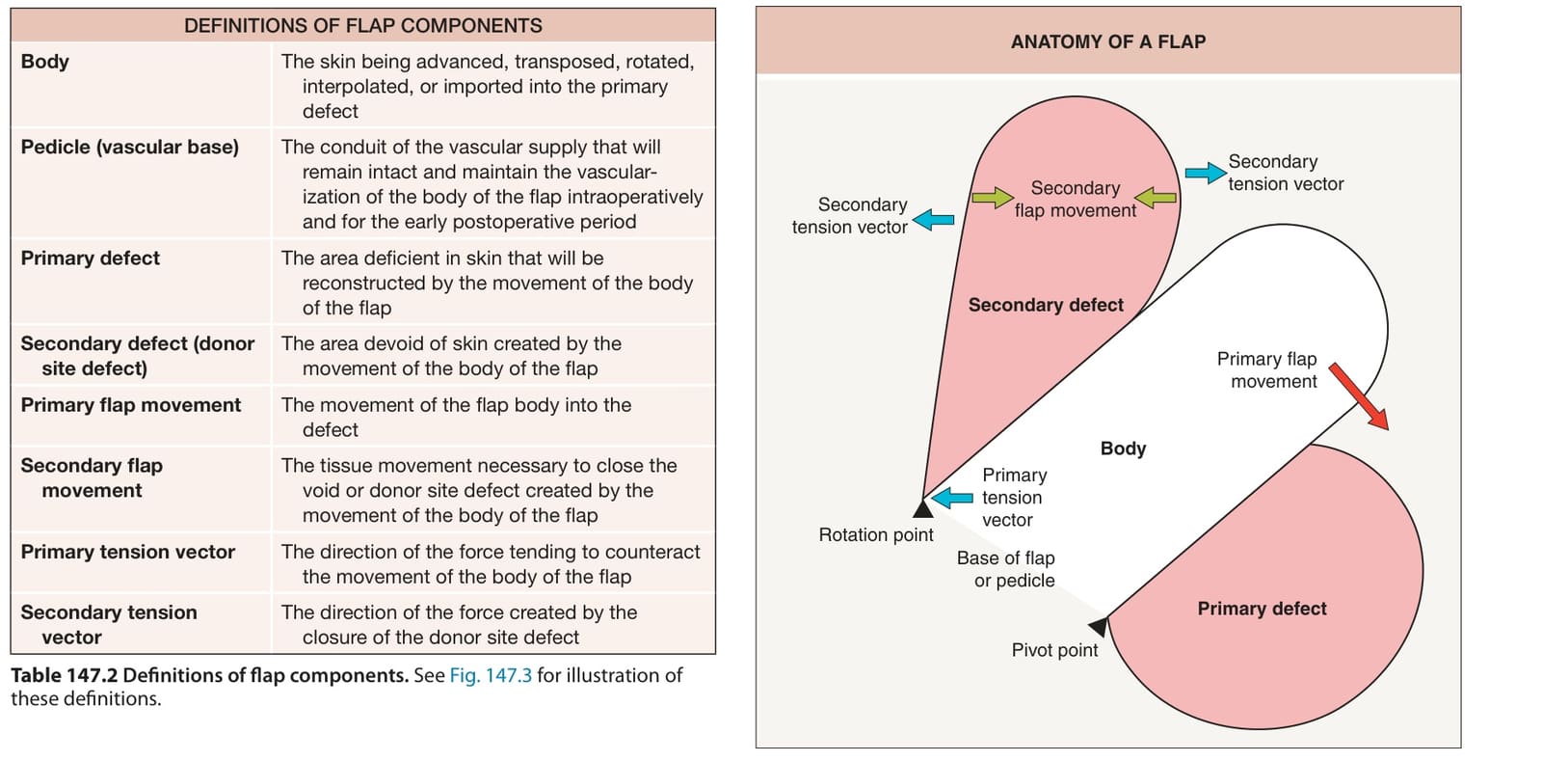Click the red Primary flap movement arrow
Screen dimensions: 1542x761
tap(1358, 396)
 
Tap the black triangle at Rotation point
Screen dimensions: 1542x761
tap(922, 509)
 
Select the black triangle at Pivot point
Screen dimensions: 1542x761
tap(1099, 626)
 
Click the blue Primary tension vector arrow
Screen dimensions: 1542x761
tap(952, 498)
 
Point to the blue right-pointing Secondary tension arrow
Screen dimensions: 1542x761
tap(1206, 173)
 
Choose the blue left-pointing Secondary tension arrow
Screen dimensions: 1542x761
tap(933, 220)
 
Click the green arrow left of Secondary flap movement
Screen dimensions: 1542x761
tap(993, 199)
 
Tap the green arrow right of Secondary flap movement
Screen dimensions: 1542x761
tap(1156, 199)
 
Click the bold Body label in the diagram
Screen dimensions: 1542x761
tap(1123, 448)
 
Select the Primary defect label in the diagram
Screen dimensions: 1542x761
tap(1262, 608)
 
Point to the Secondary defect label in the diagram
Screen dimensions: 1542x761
tap(1046, 305)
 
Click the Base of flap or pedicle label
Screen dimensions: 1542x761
tap(1006, 569)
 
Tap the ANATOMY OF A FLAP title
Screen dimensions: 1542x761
tap(1108, 41)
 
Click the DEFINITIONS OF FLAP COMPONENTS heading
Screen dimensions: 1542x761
tap(362, 25)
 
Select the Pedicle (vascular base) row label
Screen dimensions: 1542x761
tap(129, 147)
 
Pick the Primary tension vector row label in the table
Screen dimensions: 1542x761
tap(127, 552)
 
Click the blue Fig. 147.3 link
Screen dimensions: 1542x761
tap(491, 675)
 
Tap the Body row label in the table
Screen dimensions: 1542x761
tap(44, 62)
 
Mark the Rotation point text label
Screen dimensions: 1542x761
tap(876, 534)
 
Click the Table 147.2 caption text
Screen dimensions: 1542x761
tap(347, 687)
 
